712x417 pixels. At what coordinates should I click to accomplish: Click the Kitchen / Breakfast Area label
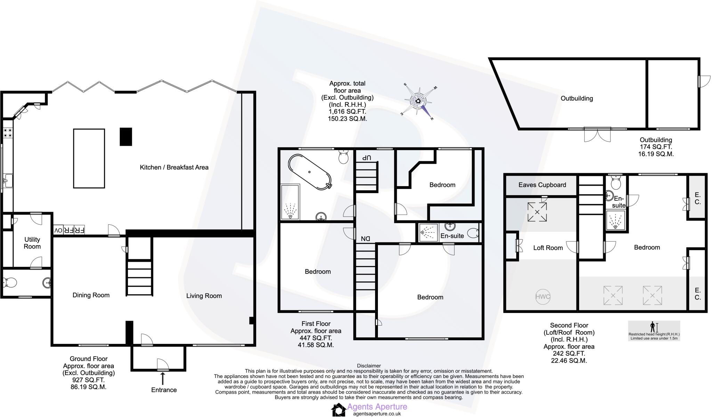[x=174, y=167]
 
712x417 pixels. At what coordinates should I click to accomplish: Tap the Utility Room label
[x=32, y=243]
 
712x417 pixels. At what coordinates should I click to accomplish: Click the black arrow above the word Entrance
[x=162, y=378]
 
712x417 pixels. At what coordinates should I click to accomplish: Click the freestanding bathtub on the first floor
[x=309, y=172]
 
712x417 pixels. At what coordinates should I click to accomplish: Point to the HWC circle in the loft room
[x=542, y=297]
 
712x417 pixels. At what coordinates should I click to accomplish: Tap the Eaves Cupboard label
[x=542, y=185]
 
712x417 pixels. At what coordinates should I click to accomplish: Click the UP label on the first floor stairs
[x=366, y=158]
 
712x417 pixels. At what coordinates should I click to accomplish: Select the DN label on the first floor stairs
[x=365, y=239]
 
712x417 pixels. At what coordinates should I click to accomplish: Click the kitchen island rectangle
[x=89, y=158]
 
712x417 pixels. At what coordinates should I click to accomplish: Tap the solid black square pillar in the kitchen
[x=126, y=136]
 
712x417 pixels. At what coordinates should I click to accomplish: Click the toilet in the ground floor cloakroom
[x=9, y=282]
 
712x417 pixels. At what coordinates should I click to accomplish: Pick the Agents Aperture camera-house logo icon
[x=338, y=410]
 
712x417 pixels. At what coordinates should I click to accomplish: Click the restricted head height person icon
[x=653, y=327]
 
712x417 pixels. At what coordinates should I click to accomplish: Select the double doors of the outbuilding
[x=597, y=135]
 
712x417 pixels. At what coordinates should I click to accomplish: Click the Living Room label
[x=204, y=296]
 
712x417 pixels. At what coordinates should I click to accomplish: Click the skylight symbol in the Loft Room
[x=537, y=212]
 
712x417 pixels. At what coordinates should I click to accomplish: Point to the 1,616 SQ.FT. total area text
[x=347, y=112]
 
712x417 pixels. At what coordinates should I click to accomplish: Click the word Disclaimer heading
[x=369, y=366]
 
